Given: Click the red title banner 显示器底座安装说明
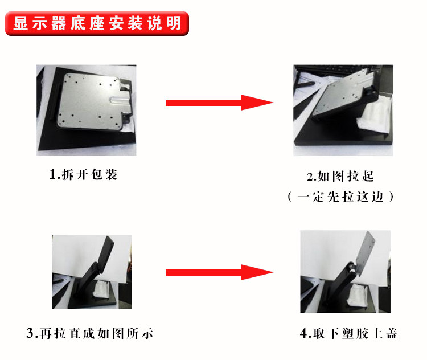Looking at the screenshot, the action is [x=97, y=23].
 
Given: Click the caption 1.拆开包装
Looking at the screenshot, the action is [x=83, y=174].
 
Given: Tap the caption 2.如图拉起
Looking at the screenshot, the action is [x=340, y=177].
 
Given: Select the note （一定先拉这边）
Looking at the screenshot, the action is [x=340, y=197].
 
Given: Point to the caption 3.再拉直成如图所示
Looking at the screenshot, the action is [x=89, y=333].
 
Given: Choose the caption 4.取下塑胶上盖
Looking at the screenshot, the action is [x=348, y=333].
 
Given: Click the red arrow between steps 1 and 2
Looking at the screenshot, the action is [x=220, y=103].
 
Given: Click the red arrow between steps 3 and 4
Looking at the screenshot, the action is [x=220, y=272].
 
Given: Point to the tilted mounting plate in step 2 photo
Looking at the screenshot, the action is [x=344, y=93].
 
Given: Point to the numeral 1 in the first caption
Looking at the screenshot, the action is [x=52, y=175].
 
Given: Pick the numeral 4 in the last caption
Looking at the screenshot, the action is [x=303, y=334].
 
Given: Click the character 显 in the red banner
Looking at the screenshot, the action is [x=20, y=23].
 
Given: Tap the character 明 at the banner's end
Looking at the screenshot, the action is [x=174, y=23].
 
